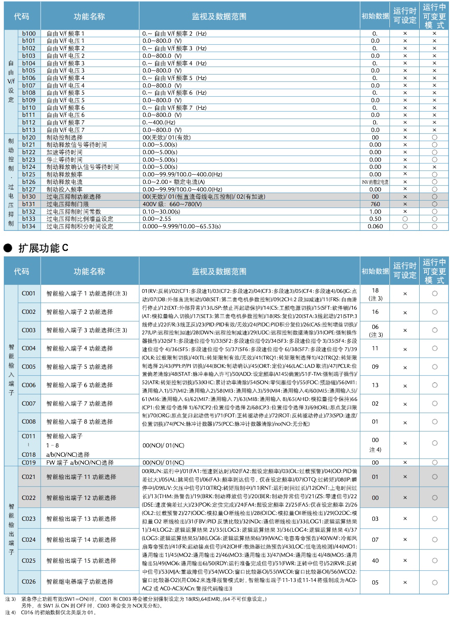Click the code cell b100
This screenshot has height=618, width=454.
[29, 34]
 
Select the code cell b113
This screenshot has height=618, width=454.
[29, 130]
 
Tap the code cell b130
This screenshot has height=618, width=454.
[29, 197]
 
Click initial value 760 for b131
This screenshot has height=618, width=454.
[375, 204]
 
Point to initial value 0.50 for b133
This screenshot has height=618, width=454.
[375, 219]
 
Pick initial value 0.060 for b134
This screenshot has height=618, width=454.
[375, 226]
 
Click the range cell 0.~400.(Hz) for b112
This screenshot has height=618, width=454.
[159, 122]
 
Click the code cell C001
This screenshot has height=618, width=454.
[29, 293]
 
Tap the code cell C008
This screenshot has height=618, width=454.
[29, 421]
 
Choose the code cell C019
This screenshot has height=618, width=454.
[29, 463]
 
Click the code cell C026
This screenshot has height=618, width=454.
[29, 582]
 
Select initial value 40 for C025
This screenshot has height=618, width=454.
[375, 561]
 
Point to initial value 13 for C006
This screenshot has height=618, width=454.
[375, 385]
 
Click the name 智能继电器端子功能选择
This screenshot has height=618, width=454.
[80, 582]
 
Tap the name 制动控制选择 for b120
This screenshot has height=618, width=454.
[65, 137]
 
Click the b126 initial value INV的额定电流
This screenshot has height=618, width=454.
[375, 182]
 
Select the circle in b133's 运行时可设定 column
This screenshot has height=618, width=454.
[405, 219]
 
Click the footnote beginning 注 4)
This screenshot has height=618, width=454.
[50, 612]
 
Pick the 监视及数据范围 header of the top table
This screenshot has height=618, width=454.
[219, 17]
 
